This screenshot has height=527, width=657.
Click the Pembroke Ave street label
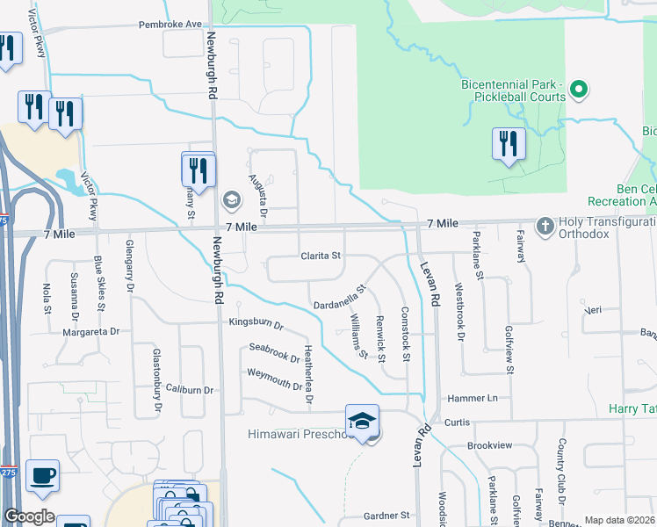coord(170,25)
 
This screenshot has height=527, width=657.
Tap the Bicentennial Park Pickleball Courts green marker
coord(579,89)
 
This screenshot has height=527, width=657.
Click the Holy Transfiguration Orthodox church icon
coord(545,226)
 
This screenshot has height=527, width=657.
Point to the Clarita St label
coord(321,256)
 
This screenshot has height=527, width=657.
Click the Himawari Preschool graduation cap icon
coord(362,422)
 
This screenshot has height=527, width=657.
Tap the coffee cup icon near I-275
coord(42,476)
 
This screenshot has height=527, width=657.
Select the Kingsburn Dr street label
coord(255,324)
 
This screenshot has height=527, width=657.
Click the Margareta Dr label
coord(90,332)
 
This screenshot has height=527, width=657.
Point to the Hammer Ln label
coord(478,398)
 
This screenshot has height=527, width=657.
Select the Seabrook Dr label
coord(275,353)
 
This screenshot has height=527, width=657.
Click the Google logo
coord(29,516)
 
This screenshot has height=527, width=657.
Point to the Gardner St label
coord(387,515)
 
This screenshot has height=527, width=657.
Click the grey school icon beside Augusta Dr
coord(232,199)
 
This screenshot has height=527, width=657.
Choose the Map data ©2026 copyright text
coord(619,520)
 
